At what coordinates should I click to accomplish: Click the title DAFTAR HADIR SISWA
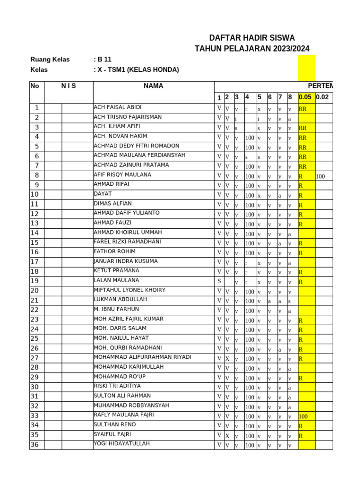pos(252,38)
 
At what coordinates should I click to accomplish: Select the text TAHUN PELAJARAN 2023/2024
pos(252,49)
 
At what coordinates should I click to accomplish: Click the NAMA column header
pos(154,86)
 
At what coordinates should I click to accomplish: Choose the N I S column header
pos(69,86)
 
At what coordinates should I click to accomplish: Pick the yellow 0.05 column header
pos(305,97)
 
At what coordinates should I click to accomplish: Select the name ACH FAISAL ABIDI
pos(118,107)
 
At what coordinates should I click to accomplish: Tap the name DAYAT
pos(103,194)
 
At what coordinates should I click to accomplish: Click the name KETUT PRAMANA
pos(117,271)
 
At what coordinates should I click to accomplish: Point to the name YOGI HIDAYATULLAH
pos(122,444)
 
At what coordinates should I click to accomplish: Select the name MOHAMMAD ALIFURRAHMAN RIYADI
pos(143,357)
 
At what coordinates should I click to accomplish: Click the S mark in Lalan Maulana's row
pos(219,281)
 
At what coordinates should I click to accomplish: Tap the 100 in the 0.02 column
pos(321,176)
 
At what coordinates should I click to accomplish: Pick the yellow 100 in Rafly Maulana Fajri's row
pos(303,417)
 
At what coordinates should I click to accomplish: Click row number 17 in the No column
pos(35,262)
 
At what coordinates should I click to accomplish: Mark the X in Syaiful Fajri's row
pos(227,436)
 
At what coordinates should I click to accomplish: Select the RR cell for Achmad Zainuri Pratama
pos(303,167)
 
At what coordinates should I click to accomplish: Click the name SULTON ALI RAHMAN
pos(122,396)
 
